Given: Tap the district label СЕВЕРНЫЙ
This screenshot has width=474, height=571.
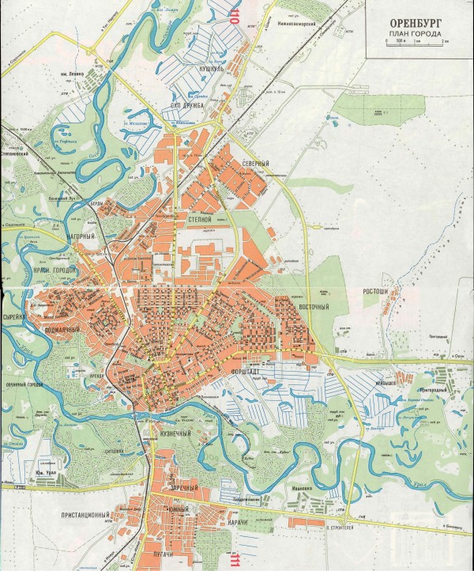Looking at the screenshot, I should point(256,163).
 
